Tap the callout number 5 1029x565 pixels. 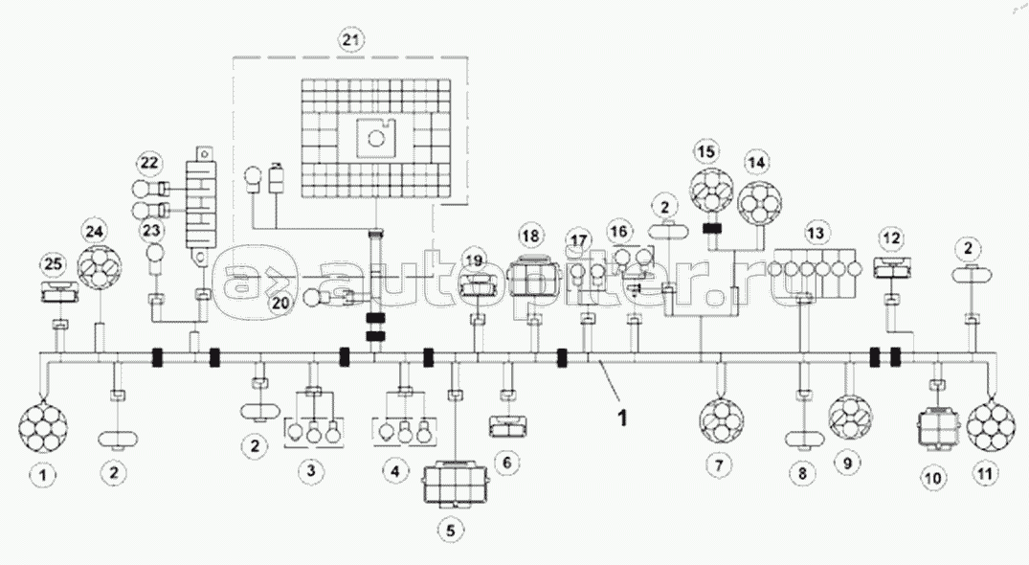pyautogui.click(x=450, y=528)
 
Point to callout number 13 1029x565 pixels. pyautogui.click(x=816, y=233)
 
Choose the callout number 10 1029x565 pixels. pyautogui.click(x=932, y=476)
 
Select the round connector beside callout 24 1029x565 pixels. pyautogui.click(x=101, y=269)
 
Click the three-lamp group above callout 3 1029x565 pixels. pyautogui.click(x=312, y=432)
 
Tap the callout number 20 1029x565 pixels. pyautogui.click(x=280, y=303)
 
